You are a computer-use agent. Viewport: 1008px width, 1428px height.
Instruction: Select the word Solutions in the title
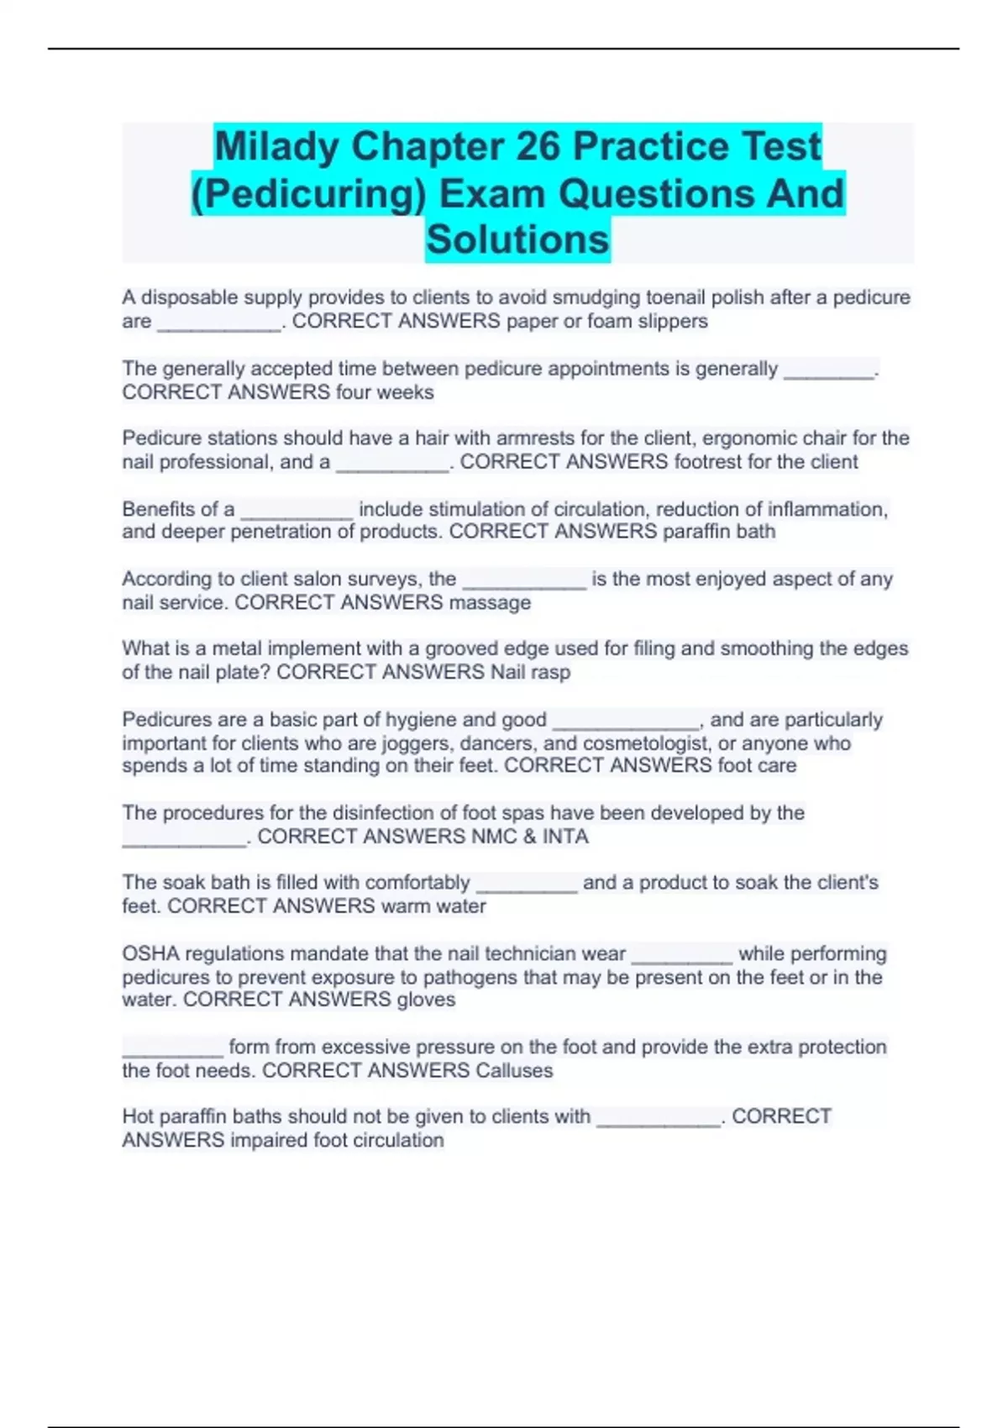pyautogui.click(x=517, y=239)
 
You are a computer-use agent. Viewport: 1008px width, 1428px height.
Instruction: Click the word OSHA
pyautogui.click(x=150, y=953)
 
